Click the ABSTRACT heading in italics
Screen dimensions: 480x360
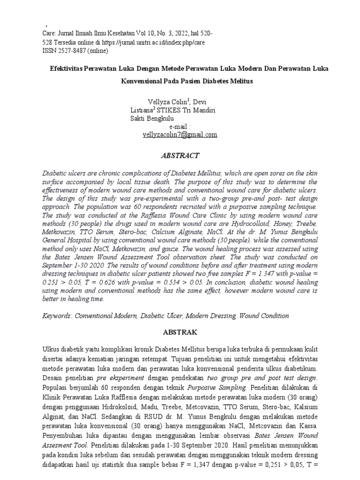(180, 156)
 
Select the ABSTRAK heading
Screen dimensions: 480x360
(180, 332)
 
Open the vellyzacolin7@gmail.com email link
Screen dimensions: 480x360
(180, 135)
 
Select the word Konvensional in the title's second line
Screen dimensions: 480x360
(143, 81)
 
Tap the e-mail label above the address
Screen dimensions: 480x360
(180, 127)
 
